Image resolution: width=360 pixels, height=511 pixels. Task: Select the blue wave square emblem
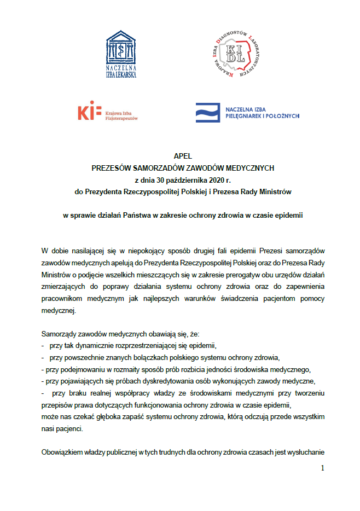[208, 112]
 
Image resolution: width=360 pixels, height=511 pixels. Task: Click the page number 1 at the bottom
[322, 468]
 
